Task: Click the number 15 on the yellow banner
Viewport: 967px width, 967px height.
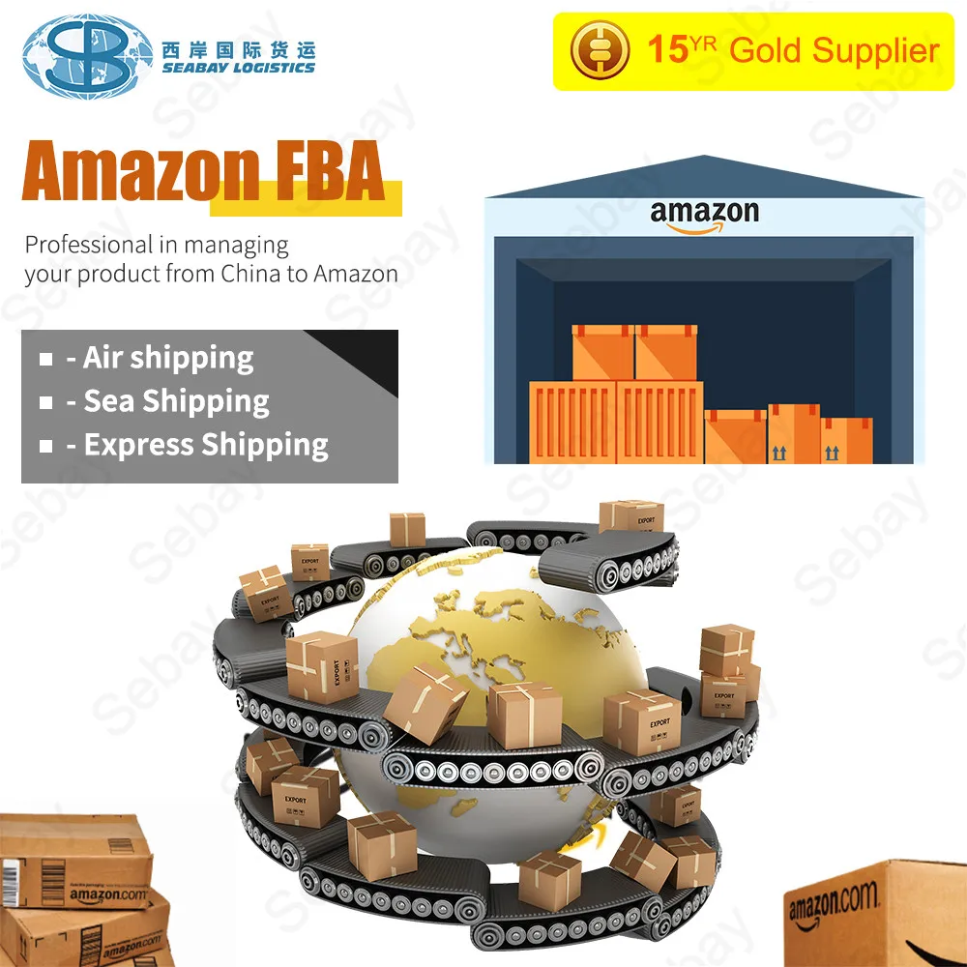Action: (666, 49)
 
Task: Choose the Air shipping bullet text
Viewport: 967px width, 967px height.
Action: (168, 358)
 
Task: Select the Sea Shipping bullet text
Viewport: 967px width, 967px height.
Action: (176, 401)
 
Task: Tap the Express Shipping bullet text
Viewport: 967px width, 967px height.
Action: (206, 445)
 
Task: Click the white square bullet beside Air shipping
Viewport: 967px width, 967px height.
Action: (45, 359)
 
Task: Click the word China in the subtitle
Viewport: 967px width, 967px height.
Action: (250, 274)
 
